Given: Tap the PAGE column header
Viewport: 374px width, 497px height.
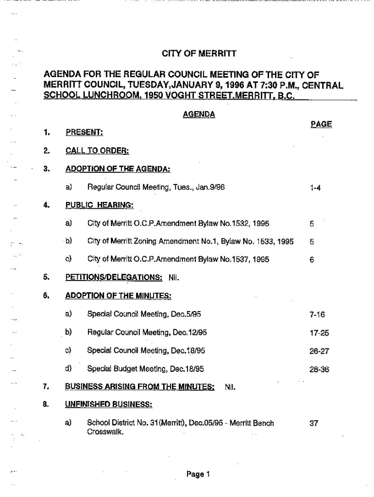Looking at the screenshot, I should (321, 124).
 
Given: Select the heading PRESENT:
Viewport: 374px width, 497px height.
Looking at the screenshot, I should (85, 133).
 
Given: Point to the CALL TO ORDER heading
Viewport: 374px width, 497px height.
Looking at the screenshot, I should (97, 151).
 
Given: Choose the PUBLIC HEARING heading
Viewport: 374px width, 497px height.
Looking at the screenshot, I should (100, 205).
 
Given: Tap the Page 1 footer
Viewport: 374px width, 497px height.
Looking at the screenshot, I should (198, 475).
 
